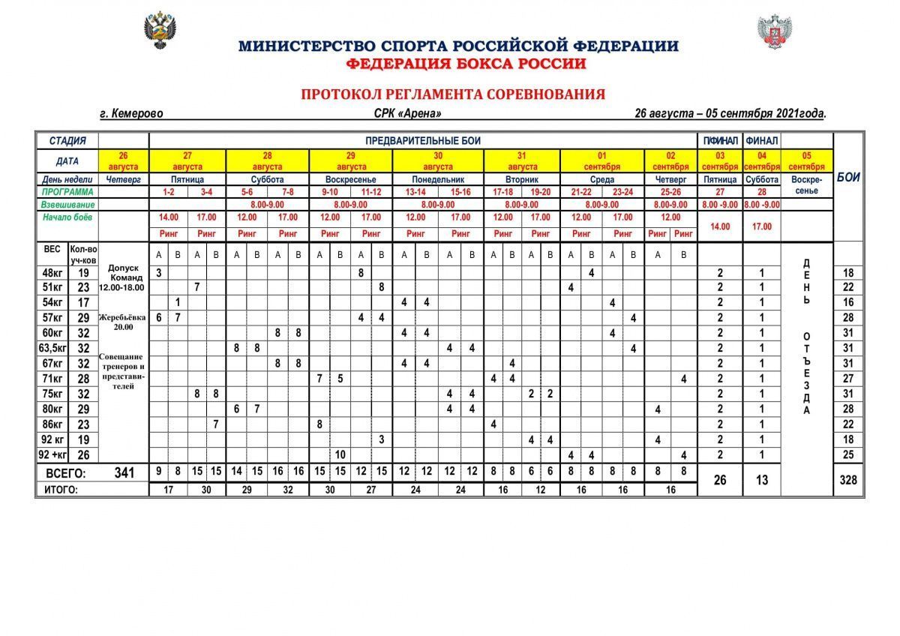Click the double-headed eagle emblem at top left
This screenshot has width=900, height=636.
pyautogui.click(x=159, y=31)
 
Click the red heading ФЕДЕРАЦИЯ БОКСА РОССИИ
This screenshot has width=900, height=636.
pyautogui.click(x=466, y=64)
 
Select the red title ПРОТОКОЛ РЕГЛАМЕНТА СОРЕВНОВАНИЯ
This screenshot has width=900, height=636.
pyautogui.click(x=452, y=94)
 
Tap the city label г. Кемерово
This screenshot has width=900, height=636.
pyautogui.click(x=131, y=113)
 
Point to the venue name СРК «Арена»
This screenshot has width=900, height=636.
pyautogui.click(x=407, y=113)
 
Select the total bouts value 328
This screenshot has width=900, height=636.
pyautogui.click(x=848, y=480)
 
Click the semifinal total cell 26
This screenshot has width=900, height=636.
pyautogui.click(x=720, y=480)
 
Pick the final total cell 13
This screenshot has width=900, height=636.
pyautogui.click(x=762, y=480)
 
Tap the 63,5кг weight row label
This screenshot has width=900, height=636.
pyautogui.click(x=52, y=348)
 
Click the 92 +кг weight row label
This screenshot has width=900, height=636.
pyautogui.click(x=52, y=454)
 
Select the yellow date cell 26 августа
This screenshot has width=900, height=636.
pyautogui.click(x=124, y=160)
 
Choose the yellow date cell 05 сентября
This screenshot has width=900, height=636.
pyautogui.click(x=807, y=160)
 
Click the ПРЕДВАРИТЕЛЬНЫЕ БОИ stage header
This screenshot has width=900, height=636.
pyautogui.click(x=423, y=140)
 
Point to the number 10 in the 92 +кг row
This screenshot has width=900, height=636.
pyautogui.click(x=340, y=454)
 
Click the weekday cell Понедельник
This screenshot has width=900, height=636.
pyautogui.click(x=438, y=180)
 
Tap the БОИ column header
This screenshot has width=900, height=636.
pyautogui.click(x=848, y=178)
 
